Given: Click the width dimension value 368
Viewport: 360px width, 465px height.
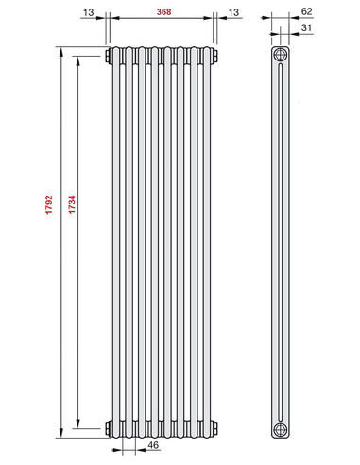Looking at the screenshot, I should tap(162, 10).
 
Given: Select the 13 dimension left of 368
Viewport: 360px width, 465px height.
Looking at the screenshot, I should tap(89, 10).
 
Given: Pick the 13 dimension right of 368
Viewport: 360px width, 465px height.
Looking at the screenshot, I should tap(233, 10).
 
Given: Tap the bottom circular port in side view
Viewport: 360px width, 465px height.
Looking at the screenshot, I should tap(281, 428).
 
